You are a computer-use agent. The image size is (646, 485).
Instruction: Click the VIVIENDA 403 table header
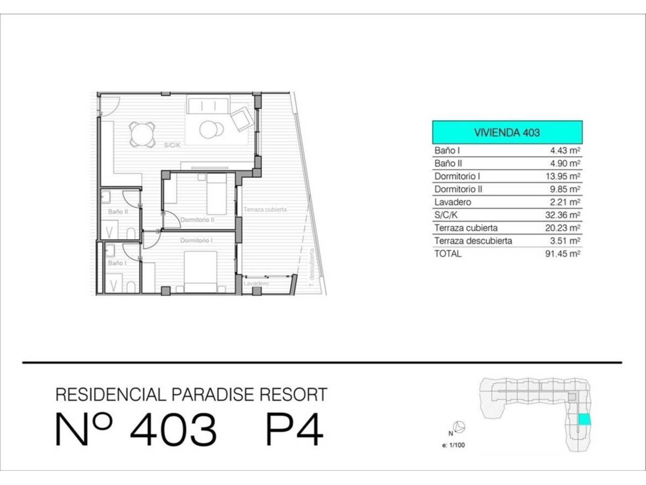(507, 132)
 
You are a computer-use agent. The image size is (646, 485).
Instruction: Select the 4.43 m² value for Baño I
(565, 151)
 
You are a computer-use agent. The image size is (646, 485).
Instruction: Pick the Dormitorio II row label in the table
(458, 189)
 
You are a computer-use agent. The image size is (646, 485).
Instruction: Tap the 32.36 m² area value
(563, 215)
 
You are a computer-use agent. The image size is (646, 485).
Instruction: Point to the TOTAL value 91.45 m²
(563, 254)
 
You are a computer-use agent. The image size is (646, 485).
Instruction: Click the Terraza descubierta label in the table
(473, 241)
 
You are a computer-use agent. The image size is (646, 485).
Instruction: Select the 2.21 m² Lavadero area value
(565, 202)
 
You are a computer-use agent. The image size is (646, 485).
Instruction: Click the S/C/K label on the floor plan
(172, 145)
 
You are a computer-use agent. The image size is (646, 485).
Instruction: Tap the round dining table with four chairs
(142, 134)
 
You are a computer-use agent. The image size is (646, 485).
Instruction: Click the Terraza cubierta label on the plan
(265, 209)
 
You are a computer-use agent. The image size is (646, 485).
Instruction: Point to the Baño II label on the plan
(118, 212)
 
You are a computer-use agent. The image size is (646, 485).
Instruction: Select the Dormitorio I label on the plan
(196, 240)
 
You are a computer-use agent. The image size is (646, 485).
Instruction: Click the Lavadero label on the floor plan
(256, 283)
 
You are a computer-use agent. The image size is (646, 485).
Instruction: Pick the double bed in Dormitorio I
(200, 271)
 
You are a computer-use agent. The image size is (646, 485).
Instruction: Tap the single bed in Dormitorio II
(217, 194)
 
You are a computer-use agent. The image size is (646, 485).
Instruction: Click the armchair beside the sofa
(242, 119)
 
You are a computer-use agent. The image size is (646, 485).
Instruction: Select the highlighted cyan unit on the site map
(584, 419)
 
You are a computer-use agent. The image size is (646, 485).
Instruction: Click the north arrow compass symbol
(460, 427)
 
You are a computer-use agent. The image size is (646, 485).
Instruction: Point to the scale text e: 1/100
(454, 445)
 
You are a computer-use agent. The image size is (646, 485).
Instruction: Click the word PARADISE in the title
(213, 394)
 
